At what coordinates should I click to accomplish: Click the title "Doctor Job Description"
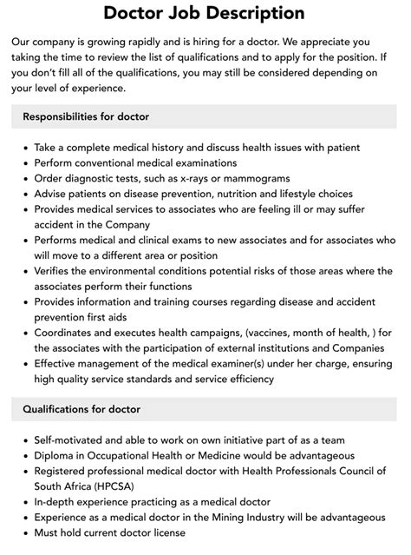coord(205,13)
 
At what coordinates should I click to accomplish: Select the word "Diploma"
coord(56,456)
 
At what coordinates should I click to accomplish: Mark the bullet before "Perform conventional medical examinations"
coord(23,162)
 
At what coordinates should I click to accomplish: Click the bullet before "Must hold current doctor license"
coord(23,534)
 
